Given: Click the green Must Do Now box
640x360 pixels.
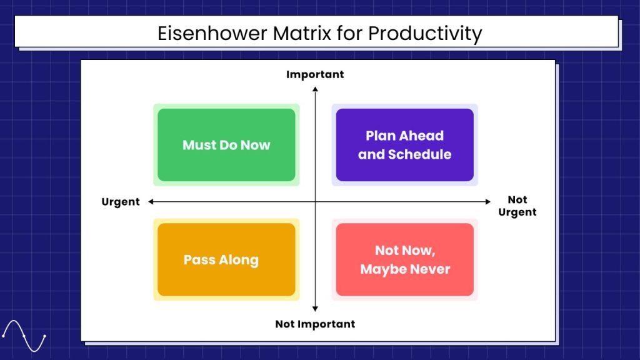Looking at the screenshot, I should pos(226,145).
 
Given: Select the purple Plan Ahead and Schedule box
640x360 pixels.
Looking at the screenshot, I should pos(404,145).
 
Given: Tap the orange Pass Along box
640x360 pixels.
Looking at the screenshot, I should pos(226,259).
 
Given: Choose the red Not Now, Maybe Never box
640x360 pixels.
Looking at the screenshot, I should pos(404,259).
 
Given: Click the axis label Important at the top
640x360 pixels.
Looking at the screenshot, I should pos(315,74).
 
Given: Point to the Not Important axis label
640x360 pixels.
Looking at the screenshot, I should pos(315,324).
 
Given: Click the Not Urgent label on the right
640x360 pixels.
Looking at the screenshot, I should pos(517,206).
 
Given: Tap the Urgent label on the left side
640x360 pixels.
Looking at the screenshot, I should pos(121,202).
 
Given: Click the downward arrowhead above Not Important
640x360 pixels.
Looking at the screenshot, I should pos(315,309).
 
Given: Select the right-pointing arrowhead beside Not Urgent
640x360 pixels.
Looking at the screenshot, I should pos(489,201).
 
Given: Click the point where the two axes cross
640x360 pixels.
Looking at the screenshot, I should pos(315,201).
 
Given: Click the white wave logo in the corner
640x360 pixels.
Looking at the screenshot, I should pos(24,336).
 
